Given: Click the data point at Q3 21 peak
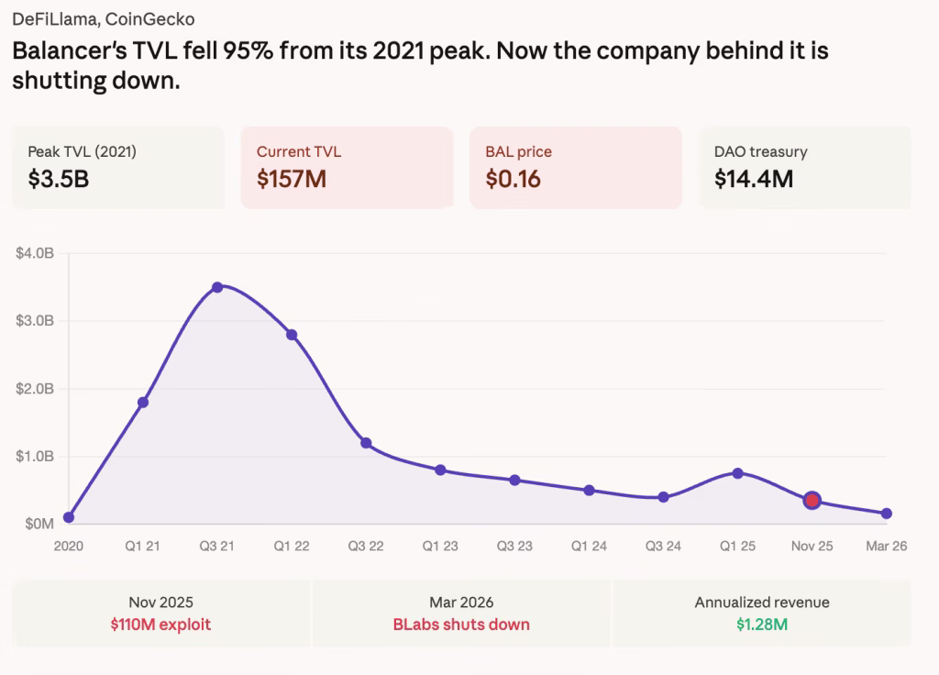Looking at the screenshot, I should pyautogui.click(x=217, y=287).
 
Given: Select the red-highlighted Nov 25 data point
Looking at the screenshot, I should pyautogui.click(x=812, y=500).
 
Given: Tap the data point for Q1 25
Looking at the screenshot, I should pyautogui.click(x=737, y=473).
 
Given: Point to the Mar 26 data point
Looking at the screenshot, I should pyautogui.click(x=886, y=514).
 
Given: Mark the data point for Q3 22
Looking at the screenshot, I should pyautogui.click(x=366, y=443).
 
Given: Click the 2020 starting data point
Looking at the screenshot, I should pyautogui.click(x=69, y=517).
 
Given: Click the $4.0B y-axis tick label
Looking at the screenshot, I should pyautogui.click(x=35, y=253).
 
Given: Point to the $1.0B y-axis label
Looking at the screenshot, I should pyautogui.click(x=35, y=456).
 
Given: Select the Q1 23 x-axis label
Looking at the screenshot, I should pyautogui.click(x=440, y=546).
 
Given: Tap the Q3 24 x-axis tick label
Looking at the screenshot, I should pyautogui.click(x=663, y=546).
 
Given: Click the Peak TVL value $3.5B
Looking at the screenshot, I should pyautogui.click(x=59, y=178).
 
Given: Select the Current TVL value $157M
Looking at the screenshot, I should pyautogui.click(x=292, y=178).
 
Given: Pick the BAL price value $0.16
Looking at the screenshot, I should pyautogui.click(x=513, y=178).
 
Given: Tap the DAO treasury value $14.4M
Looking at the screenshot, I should pyautogui.click(x=754, y=178).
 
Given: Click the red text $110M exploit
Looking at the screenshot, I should pyautogui.click(x=161, y=625).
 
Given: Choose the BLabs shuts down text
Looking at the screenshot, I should pyautogui.click(x=461, y=625).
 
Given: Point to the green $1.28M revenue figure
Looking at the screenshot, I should pyautogui.click(x=762, y=625).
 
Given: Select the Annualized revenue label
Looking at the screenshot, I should pyautogui.click(x=762, y=603).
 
